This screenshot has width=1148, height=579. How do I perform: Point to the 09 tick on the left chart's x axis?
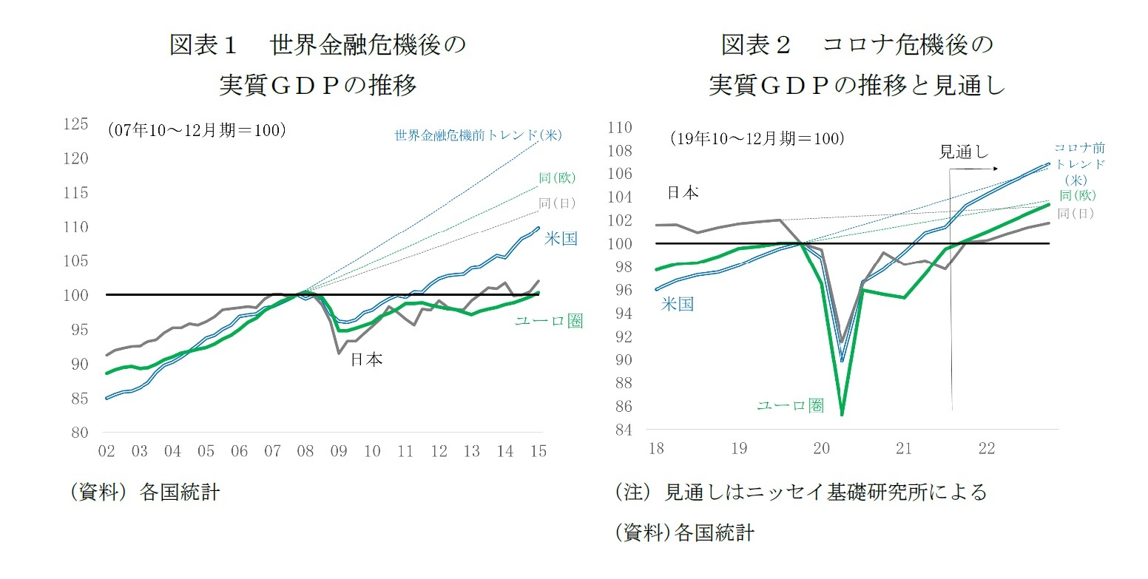(339, 451)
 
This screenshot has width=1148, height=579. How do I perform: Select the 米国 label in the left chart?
(561, 238)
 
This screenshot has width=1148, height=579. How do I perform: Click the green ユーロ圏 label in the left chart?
(548, 321)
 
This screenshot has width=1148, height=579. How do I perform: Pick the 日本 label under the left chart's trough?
(365, 359)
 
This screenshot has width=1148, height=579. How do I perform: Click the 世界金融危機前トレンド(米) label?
(479, 135)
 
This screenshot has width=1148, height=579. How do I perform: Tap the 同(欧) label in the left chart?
(557, 178)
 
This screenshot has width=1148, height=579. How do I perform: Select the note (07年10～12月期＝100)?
(197, 130)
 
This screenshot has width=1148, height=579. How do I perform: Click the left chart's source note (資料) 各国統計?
(145, 493)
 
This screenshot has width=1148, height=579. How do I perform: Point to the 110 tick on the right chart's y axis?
(619, 128)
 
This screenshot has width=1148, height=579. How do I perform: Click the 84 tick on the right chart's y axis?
(623, 430)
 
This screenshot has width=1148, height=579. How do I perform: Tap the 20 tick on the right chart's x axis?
(820, 449)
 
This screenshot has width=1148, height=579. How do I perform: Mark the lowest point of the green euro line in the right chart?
(843, 415)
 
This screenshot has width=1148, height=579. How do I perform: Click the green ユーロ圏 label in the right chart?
(789, 405)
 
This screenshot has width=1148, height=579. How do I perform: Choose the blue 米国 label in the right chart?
(677, 304)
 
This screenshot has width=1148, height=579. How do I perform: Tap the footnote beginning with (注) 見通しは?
(801, 492)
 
